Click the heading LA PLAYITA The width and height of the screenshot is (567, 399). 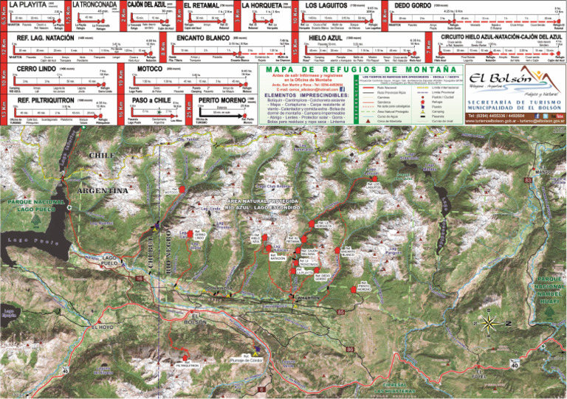pyautogui.click(x=27, y=4)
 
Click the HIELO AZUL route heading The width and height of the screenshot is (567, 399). pyautogui.click(x=325, y=35)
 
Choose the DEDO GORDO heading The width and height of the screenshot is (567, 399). pyautogui.click(x=413, y=4)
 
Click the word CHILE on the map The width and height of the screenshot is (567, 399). pyautogui.click(x=102, y=156)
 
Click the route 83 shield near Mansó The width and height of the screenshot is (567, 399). pyautogui.click(x=528, y=179)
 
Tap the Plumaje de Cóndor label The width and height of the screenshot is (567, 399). pyautogui.click(x=247, y=359)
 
